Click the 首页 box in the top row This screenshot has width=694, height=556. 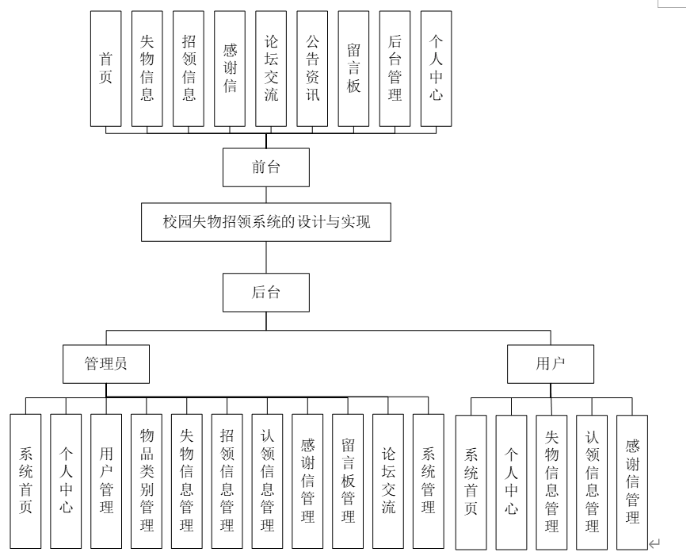click(105, 69)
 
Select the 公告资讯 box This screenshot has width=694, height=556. click(311, 69)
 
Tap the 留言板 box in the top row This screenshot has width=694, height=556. click(353, 69)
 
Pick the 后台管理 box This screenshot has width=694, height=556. click(394, 69)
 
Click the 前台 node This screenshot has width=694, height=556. click(265, 167)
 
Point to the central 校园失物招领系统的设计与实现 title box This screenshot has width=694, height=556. click(266, 223)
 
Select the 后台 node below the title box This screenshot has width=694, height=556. click(265, 292)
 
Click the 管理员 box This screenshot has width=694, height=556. click(106, 363)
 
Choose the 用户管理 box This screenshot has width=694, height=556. click(106, 481)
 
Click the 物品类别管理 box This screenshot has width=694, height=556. click(147, 481)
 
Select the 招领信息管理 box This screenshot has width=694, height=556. click(227, 481)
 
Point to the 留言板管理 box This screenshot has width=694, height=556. click(348, 481)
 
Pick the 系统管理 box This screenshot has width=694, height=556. click(429, 481)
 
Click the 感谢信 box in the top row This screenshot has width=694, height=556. click(229, 69)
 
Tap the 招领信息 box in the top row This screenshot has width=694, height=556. click(188, 69)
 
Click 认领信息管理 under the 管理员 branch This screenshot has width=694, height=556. click(268, 481)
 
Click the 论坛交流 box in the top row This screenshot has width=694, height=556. click(270, 69)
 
